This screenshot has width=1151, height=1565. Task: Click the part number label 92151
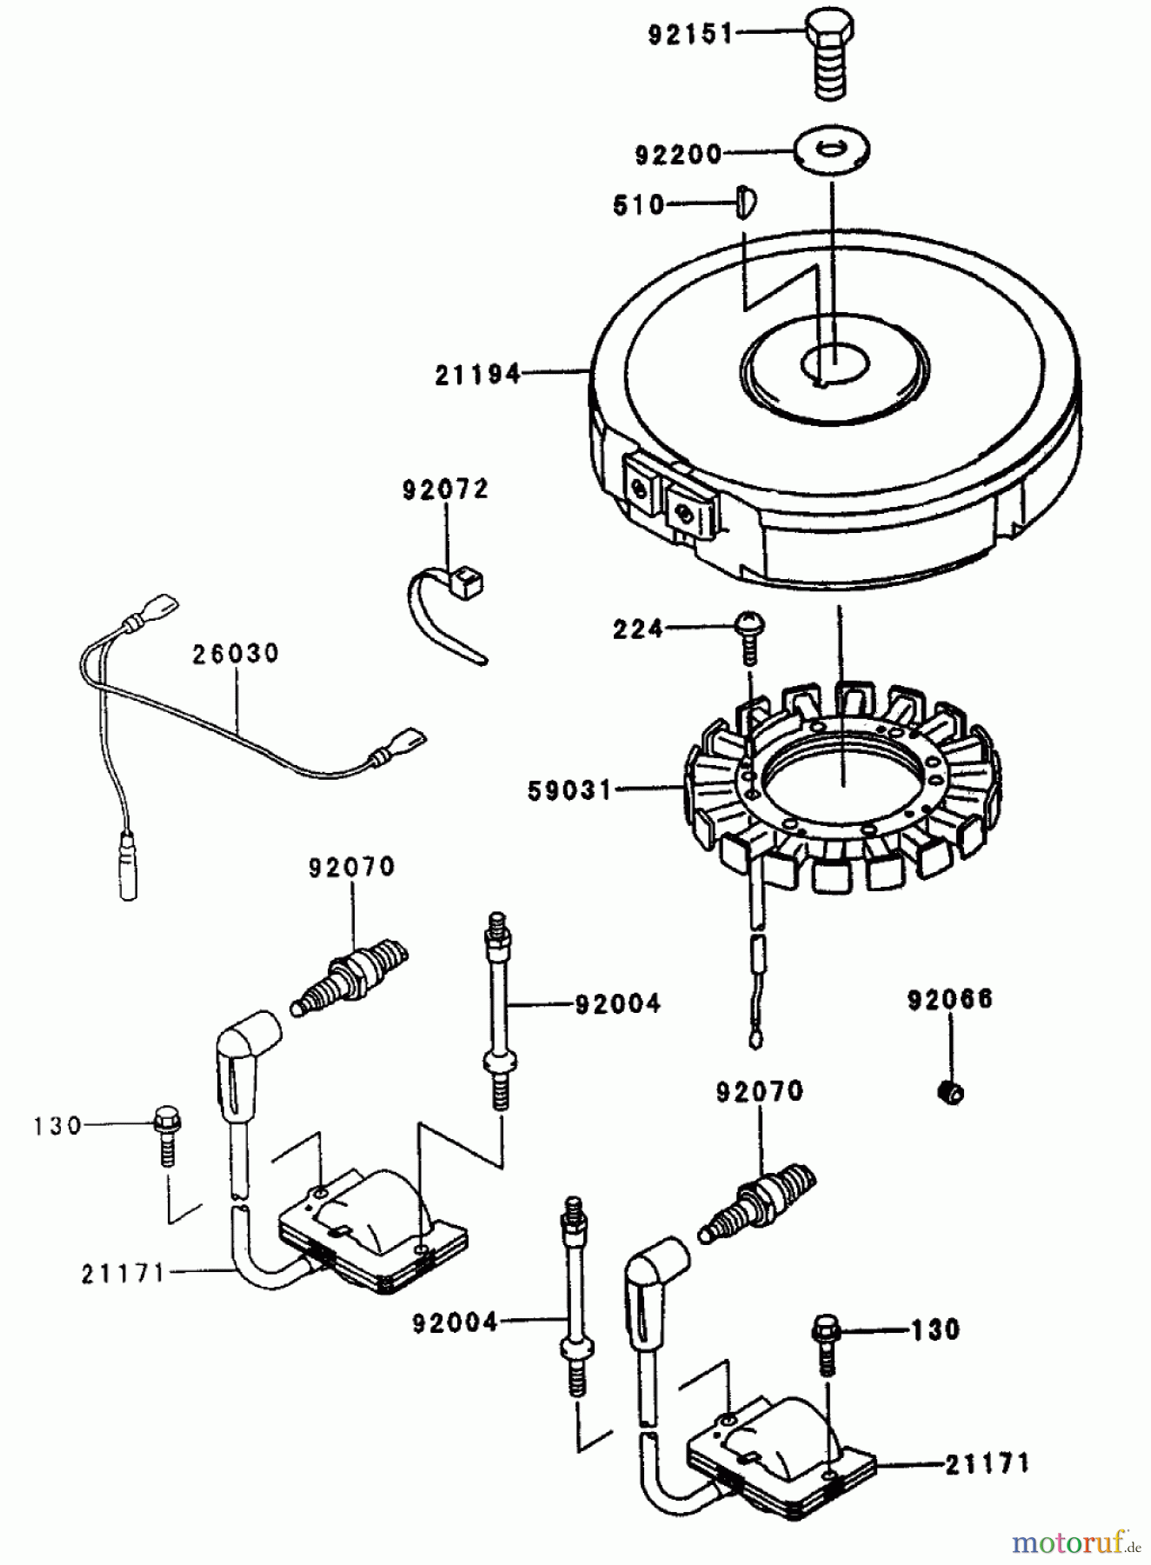pyautogui.click(x=690, y=36)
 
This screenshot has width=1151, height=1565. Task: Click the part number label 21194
pyautogui.click(x=479, y=376)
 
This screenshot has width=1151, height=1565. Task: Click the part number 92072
pyautogui.click(x=446, y=490)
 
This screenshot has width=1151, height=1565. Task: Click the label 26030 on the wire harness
pyautogui.click(x=236, y=654)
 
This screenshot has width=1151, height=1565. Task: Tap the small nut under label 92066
pyautogui.click(x=952, y=1090)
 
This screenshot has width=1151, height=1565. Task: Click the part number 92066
pyautogui.click(x=950, y=999)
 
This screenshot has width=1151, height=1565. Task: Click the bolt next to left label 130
pyautogui.click(x=166, y=1135)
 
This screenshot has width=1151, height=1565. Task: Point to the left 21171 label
pyautogui.click(x=123, y=1275)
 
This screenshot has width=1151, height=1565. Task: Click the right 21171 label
pyautogui.click(x=986, y=1463)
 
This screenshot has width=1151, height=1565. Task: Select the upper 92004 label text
pyautogui.click(x=617, y=1004)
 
